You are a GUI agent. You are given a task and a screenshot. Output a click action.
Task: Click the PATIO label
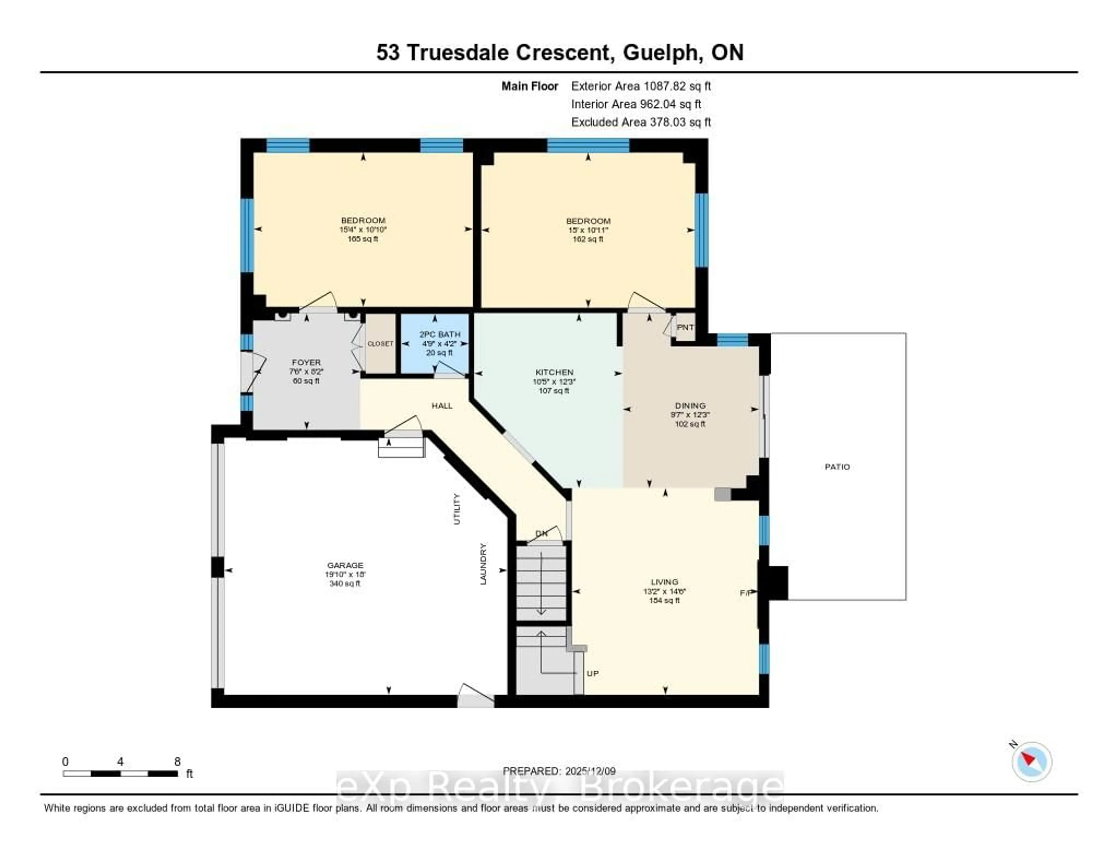[x=837, y=467]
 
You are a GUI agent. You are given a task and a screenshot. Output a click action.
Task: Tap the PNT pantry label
[x=685, y=327]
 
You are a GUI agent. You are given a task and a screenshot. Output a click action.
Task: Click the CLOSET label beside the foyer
[x=380, y=344]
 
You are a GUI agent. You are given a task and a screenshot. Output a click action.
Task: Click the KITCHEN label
[x=554, y=372]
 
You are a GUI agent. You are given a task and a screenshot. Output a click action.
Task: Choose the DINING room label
[x=690, y=405]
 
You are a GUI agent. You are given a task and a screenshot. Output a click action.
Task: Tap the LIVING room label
[x=664, y=582]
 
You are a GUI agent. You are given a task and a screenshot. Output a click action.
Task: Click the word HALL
[x=442, y=405]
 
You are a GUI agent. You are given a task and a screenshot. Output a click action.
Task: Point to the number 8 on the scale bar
[x=177, y=761]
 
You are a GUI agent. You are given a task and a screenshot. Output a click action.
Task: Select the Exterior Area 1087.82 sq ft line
[x=641, y=86]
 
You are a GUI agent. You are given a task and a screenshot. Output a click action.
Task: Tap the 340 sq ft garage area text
[x=345, y=584]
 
